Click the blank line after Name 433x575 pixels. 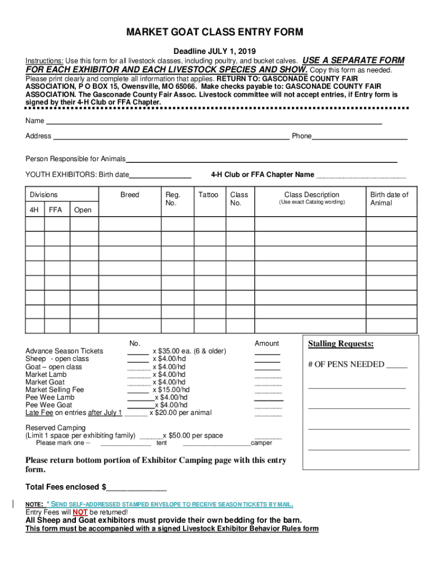click(214, 121)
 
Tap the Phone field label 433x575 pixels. click(301, 136)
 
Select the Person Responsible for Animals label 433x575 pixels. click(75, 159)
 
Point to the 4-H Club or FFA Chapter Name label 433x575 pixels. click(262, 175)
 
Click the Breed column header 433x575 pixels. click(129, 195)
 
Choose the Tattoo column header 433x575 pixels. click(208, 195)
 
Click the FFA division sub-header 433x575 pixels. click(56, 210)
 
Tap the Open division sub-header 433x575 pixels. click(83, 210)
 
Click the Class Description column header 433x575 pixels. click(312, 195)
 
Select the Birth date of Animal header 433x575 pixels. click(389, 199)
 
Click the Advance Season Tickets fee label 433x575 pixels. click(64, 351)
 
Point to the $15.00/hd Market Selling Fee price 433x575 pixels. click(174, 389)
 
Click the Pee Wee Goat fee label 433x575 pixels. click(49, 405)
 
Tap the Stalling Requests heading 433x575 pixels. click(341, 344)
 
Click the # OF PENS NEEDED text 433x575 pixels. click(346, 364)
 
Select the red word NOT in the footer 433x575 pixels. click(80, 512)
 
